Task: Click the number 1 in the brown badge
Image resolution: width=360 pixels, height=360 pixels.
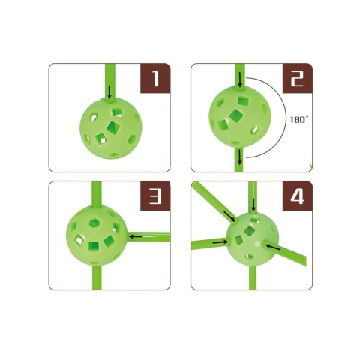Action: (156, 79)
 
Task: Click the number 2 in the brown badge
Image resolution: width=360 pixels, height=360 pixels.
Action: (298, 79)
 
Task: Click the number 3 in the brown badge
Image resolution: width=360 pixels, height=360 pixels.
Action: (156, 196)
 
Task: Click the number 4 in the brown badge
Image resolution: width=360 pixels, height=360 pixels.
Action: (298, 196)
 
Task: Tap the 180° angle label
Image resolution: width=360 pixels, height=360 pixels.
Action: (298, 119)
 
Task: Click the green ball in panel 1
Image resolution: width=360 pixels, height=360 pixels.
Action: (111, 128)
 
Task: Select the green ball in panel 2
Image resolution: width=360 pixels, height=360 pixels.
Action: (240, 117)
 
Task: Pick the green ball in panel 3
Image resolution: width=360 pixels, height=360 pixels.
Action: (97, 236)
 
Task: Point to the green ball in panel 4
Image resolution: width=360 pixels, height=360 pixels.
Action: (253, 238)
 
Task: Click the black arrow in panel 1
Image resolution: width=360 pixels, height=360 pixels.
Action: (109, 92)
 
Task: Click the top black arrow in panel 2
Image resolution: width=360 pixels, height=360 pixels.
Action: (240, 80)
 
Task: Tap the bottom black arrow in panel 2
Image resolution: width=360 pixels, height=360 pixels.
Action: (240, 157)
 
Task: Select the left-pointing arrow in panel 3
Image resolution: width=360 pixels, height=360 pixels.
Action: (135, 235)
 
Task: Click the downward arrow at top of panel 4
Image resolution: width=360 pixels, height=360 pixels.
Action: (253, 205)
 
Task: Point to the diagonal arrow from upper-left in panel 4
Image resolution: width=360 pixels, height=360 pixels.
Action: (229, 216)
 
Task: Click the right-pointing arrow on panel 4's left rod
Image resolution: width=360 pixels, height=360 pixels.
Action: (220, 242)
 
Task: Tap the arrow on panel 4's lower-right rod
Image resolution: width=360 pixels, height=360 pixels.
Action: (273, 247)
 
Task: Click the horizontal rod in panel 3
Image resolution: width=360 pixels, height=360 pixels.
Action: (148, 236)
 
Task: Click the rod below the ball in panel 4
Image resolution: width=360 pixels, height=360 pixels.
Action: (253, 277)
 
